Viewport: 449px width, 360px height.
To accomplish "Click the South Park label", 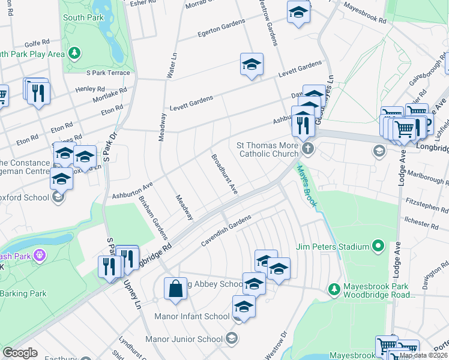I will click(x=83, y=17).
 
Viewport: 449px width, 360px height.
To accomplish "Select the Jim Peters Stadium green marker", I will click(x=378, y=246).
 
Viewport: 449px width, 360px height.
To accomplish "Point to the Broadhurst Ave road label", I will click(x=224, y=174).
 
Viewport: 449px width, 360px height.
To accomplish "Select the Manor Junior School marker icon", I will click(x=231, y=339).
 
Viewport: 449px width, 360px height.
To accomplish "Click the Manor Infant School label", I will click(x=191, y=316).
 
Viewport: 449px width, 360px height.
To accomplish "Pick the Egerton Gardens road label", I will click(x=221, y=28).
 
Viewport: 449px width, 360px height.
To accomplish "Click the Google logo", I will click(x=20, y=353).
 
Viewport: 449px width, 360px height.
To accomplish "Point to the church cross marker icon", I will click(x=307, y=148).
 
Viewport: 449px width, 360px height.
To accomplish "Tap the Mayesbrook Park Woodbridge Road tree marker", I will click(x=335, y=290).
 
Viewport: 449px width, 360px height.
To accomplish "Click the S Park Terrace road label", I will click(x=108, y=73).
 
